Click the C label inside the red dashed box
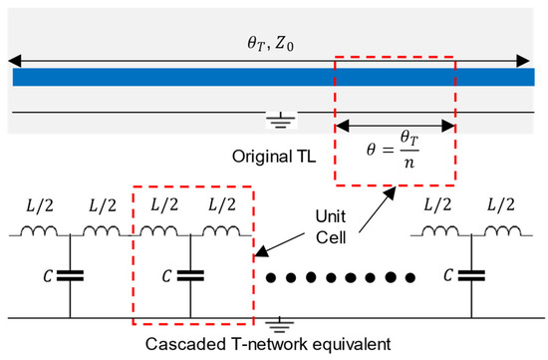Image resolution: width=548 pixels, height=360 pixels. [x=160, y=271]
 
